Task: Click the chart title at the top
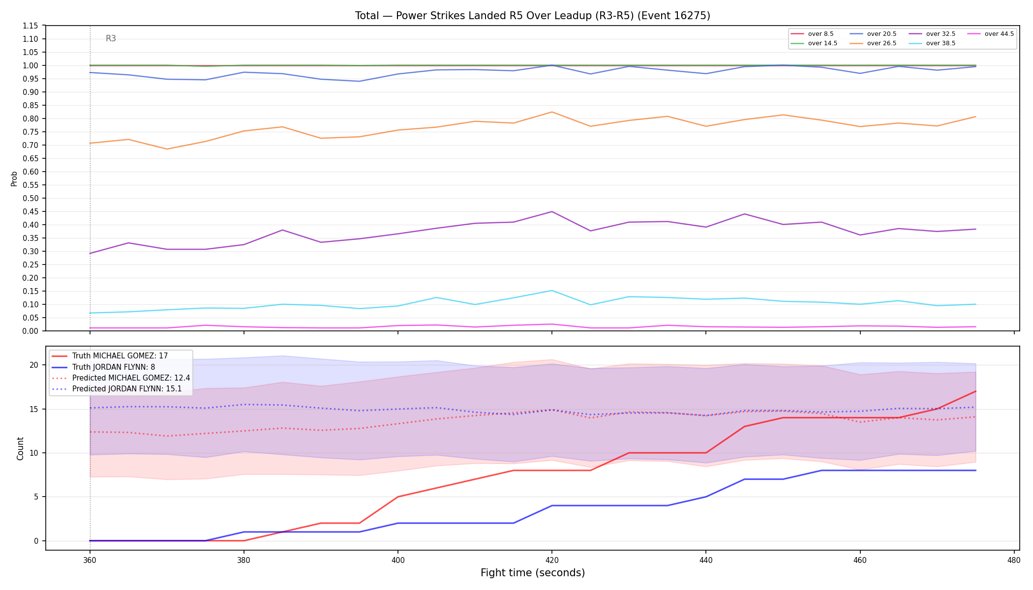click(533, 16)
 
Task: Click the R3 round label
click(111, 38)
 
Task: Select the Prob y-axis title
click(14, 178)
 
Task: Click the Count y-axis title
click(20, 448)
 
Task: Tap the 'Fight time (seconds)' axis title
click(533, 573)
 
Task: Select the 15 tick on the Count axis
click(34, 409)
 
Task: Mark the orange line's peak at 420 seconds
click(552, 112)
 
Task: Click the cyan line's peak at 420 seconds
click(552, 291)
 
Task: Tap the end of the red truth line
click(975, 391)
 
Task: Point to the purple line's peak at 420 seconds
click(552, 212)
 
